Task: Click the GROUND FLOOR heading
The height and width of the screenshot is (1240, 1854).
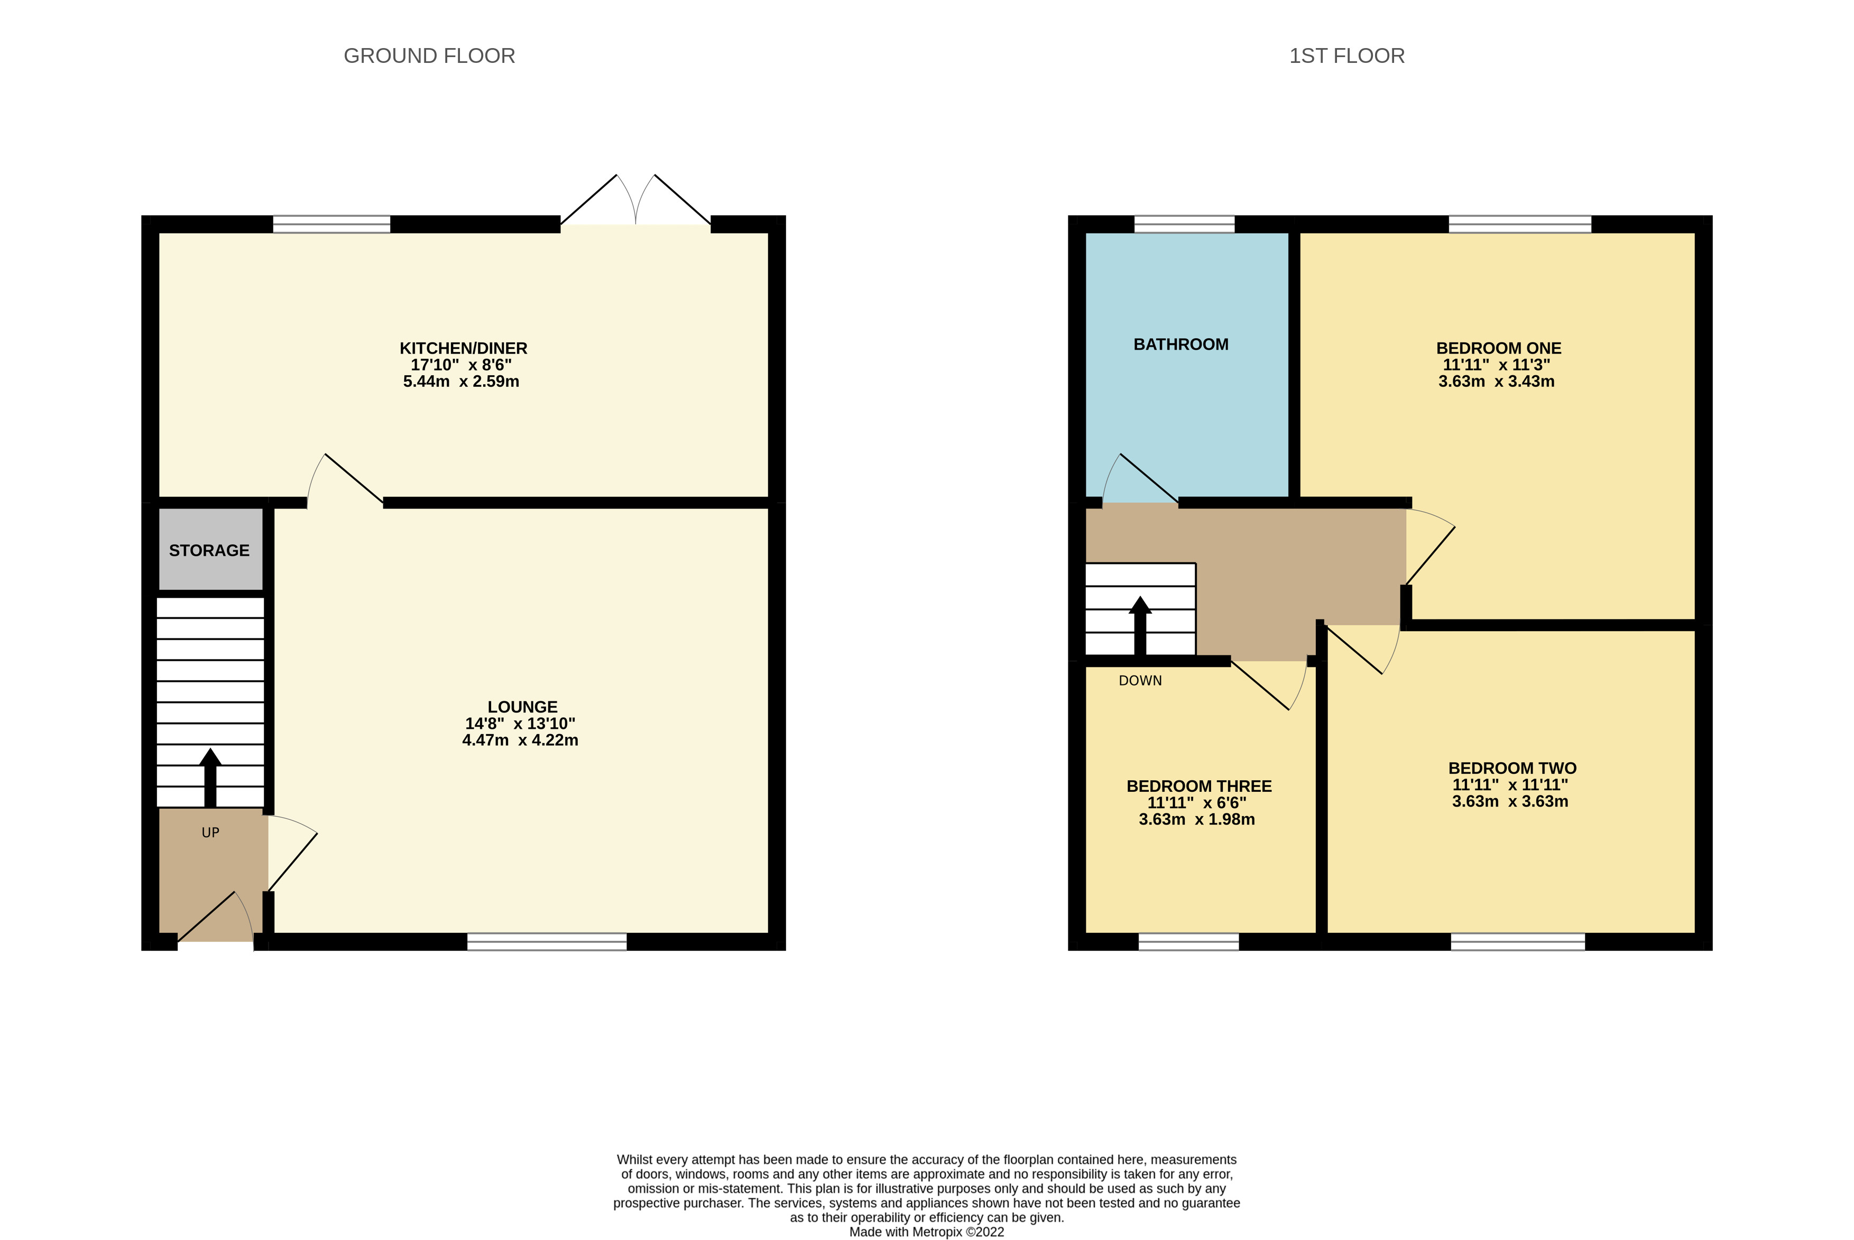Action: tap(429, 56)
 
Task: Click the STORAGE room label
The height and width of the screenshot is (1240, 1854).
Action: tap(209, 550)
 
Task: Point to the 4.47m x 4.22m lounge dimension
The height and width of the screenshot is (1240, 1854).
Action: tap(520, 740)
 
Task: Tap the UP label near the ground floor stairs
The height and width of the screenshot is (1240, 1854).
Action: tap(210, 832)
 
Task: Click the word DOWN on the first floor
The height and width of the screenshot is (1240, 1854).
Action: tap(1140, 681)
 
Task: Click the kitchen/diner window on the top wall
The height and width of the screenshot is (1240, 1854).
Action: tap(331, 224)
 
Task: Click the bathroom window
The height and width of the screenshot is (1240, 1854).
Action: tap(1184, 224)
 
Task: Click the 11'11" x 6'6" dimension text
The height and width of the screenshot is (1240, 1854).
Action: tap(1197, 803)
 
